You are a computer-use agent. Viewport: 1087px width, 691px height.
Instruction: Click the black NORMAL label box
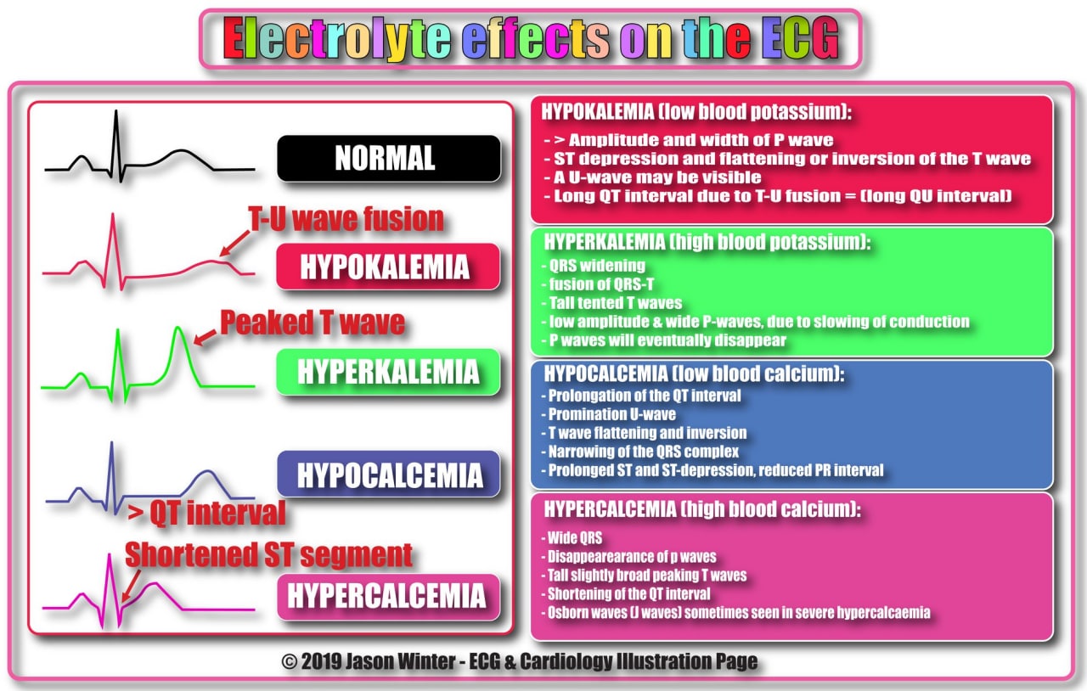[389, 158]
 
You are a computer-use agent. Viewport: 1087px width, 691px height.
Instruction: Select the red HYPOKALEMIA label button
[388, 267]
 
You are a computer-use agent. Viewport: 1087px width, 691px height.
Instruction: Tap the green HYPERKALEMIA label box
[388, 372]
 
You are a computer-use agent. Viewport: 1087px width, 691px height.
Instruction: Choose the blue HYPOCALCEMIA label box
[389, 474]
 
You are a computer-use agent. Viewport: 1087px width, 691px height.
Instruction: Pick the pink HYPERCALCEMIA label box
[389, 597]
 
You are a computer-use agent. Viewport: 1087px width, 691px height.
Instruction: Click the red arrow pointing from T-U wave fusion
[235, 243]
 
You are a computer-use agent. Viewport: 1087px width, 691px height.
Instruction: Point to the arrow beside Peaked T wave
[206, 338]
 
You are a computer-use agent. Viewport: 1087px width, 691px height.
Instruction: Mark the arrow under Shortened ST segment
[131, 586]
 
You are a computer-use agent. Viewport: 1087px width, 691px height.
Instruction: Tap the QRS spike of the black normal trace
[116, 145]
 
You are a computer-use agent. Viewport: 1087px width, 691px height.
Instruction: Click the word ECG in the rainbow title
[800, 38]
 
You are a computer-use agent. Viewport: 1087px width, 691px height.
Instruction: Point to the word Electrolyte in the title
[337, 39]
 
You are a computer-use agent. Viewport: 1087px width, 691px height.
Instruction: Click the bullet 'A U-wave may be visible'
[652, 177]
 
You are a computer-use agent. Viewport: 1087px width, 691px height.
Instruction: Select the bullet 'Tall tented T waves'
[611, 303]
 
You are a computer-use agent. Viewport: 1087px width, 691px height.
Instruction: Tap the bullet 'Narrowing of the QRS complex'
[639, 452]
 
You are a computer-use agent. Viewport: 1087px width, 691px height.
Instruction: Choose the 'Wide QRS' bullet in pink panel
[572, 537]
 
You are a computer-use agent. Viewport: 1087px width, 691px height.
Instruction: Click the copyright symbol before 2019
[290, 662]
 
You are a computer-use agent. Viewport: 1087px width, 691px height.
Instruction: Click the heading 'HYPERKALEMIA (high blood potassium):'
[707, 242]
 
